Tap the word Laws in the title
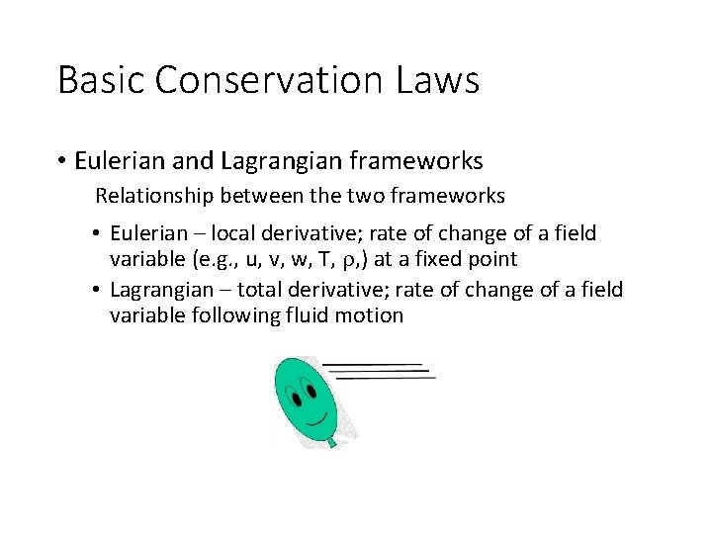(439, 79)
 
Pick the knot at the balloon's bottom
(332, 442)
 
